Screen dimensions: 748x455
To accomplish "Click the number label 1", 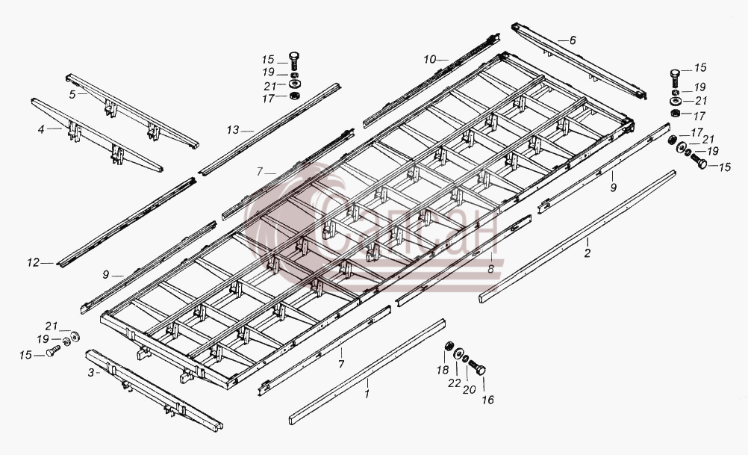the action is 367,394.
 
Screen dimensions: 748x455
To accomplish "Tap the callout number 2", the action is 588,253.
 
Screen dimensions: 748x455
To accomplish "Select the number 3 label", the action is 90,372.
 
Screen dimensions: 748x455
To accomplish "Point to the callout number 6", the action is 573,40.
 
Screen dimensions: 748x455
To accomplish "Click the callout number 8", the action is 491,269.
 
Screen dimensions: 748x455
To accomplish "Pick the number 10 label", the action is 429,60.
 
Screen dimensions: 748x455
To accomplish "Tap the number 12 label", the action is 33,262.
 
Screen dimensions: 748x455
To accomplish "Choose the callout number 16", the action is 487,400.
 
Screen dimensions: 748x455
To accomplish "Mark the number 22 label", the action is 454,383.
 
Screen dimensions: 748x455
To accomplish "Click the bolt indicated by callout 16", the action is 477,368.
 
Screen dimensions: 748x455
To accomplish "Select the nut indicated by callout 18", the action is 449,346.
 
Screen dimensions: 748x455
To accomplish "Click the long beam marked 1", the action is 367,372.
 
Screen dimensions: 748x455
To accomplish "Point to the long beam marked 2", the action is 577,236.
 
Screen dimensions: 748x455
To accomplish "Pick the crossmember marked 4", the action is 97,135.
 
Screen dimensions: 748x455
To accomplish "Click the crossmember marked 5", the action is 132,111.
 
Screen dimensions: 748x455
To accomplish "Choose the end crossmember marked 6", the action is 579,61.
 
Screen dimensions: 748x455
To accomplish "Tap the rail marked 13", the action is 269,129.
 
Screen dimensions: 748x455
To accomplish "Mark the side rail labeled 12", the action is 126,223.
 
